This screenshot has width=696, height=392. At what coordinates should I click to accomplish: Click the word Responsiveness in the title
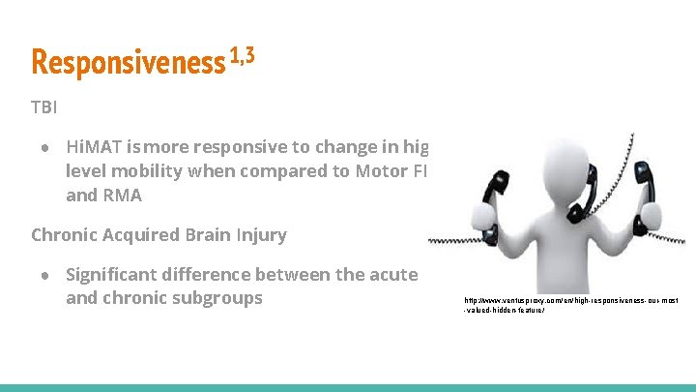tap(128, 62)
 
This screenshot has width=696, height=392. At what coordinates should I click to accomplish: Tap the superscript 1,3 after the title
tap(242, 57)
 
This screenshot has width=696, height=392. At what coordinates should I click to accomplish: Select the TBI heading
tap(44, 106)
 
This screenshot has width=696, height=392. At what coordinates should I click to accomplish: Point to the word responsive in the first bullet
tap(243, 147)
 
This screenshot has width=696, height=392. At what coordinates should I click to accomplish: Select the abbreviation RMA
tap(121, 195)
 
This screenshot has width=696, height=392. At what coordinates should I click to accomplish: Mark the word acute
tap(391, 274)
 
